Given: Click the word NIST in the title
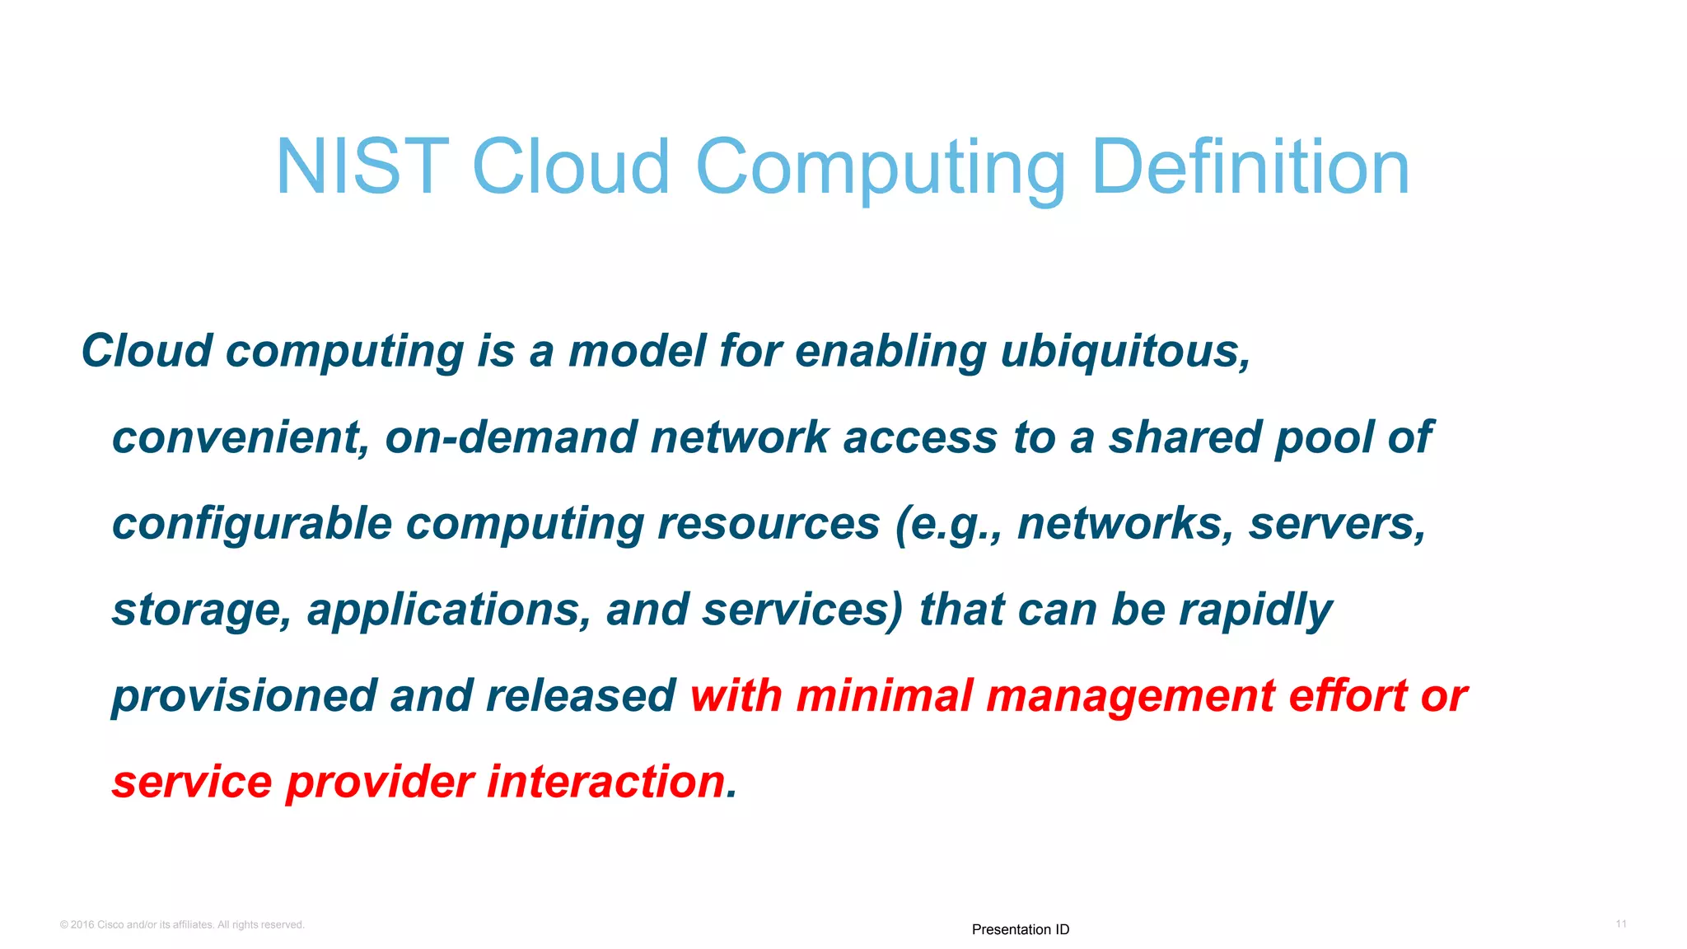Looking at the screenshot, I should point(362,167).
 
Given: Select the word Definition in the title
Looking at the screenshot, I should point(1250,167).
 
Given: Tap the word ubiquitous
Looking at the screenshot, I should point(1125,352).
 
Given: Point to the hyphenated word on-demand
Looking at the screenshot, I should point(510,437).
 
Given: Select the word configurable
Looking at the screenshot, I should point(251,525).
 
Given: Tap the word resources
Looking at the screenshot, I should point(768,524).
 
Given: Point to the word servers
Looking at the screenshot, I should point(1337,524).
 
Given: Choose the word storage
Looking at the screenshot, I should point(201,610).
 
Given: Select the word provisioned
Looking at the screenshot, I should point(243,697).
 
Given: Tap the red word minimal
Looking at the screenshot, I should point(884,696).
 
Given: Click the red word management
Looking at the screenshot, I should point(1129,697).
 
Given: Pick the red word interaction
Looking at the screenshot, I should point(605,782).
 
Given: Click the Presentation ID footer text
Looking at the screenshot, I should point(1020,929).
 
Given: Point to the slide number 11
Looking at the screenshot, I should point(1620,924).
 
